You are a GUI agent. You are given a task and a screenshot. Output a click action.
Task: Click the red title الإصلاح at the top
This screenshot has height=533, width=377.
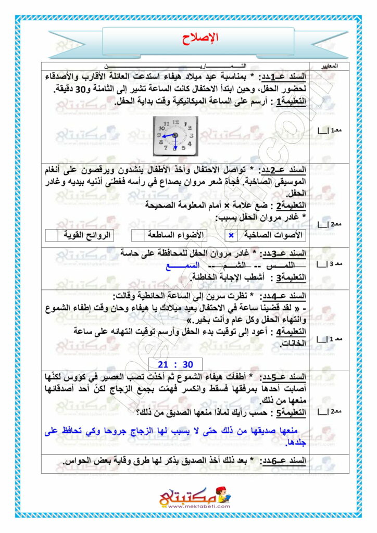click(201, 37)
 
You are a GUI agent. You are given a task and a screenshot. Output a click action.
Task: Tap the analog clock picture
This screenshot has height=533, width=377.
click(175, 136)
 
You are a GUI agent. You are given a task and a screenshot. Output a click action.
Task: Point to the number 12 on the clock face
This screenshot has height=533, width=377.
click(175, 121)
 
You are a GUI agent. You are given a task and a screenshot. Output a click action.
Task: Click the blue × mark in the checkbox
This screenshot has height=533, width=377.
click(231, 236)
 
